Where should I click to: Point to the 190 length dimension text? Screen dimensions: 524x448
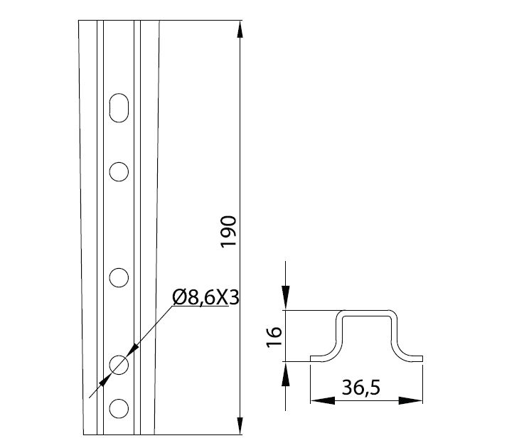click(228, 231)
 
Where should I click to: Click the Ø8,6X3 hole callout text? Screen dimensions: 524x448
click(206, 297)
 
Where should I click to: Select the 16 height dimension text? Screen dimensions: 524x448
click(274, 337)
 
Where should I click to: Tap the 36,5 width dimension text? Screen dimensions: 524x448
click(361, 388)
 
